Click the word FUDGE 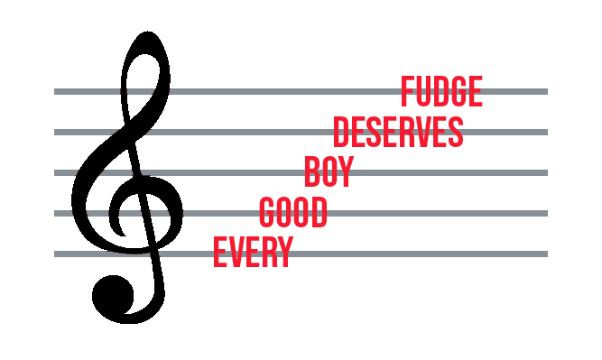point(442,92)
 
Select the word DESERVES point(398,133)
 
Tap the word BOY point(328,171)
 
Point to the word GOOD point(292,212)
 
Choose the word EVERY point(254,252)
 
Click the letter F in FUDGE point(408,92)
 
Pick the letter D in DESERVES point(341,133)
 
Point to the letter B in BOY point(312,171)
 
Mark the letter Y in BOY point(344,171)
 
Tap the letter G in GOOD point(267,212)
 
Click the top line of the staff point(271,91)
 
